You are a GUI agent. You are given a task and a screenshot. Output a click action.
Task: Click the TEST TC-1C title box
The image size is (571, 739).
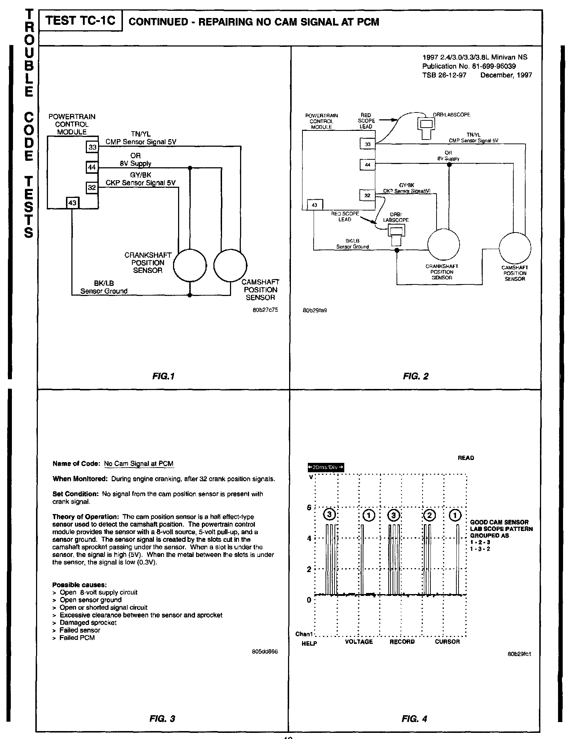pyautogui.click(x=80, y=21)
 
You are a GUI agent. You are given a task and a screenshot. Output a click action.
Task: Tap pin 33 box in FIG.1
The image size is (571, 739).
pyautogui.click(x=93, y=147)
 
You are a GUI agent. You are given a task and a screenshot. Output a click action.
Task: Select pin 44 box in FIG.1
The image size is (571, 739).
pyautogui.click(x=92, y=168)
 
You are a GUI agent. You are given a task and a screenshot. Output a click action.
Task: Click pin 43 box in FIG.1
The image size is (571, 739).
pyautogui.click(x=72, y=203)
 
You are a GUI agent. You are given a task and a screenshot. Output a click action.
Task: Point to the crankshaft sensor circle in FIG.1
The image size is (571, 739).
pyautogui.click(x=190, y=266)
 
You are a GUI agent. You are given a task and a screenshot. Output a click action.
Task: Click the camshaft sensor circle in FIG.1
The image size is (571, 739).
pyautogui.click(x=230, y=266)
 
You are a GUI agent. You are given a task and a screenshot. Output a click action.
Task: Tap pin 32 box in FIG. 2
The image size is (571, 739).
pyautogui.click(x=367, y=195)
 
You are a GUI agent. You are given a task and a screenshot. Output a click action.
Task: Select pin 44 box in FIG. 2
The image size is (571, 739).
pyautogui.click(x=367, y=165)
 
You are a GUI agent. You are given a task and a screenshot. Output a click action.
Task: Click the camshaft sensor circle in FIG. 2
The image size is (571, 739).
pyautogui.click(x=515, y=248)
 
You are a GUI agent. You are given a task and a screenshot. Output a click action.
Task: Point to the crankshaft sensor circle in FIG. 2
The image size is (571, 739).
pyautogui.click(x=443, y=245)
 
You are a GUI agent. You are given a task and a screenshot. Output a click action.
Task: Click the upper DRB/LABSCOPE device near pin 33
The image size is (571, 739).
pyautogui.click(x=426, y=127)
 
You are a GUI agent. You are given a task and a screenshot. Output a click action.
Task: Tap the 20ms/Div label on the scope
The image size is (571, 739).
pyautogui.click(x=325, y=468)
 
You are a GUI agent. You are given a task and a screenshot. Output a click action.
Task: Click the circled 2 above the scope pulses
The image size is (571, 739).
pyautogui.click(x=429, y=515)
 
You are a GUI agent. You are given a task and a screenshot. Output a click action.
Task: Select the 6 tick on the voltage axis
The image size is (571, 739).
pyautogui.click(x=309, y=508)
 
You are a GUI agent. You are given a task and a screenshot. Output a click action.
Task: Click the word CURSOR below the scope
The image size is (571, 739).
pyautogui.click(x=447, y=642)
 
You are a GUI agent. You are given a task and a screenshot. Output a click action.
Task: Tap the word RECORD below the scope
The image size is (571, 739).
pyautogui.click(x=402, y=642)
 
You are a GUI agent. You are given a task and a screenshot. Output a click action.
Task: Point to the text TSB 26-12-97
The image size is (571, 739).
pyautogui.click(x=444, y=75)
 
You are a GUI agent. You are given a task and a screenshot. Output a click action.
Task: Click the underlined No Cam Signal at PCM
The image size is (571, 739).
pyautogui.click(x=139, y=464)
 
